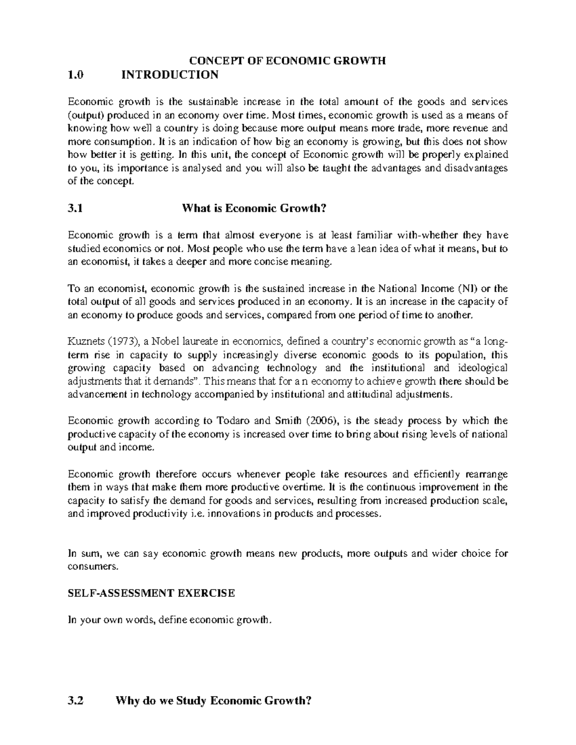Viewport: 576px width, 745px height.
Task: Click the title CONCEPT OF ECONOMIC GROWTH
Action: click(287, 60)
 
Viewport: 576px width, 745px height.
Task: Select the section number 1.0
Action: click(75, 74)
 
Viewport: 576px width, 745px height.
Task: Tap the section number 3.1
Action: click(75, 208)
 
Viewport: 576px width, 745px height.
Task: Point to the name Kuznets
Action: click(84, 342)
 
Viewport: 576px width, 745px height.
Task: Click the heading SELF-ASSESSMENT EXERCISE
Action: click(151, 593)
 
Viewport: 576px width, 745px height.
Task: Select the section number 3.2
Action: click(75, 700)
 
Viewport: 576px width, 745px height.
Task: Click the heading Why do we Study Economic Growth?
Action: click(214, 700)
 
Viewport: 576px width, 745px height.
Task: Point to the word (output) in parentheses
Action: click(85, 115)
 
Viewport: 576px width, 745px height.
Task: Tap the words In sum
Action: click(84, 553)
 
